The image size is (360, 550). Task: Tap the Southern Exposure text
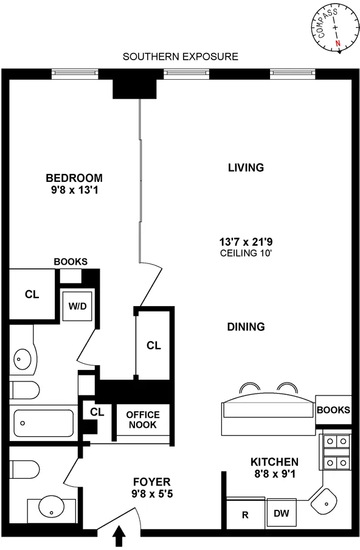click(x=180, y=57)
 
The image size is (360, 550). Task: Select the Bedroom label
click(x=74, y=178)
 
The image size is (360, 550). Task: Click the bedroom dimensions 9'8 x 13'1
click(x=74, y=190)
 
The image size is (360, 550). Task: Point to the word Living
click(x=246, y=167)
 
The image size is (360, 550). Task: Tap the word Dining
click(x=246, y=327)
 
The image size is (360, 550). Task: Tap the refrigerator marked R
click(x=245, y=515)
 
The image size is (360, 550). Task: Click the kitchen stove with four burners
click(x=336, y=451)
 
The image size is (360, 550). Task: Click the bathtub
click(x=43, y=420)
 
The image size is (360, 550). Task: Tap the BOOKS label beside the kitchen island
click(x=333, y=410)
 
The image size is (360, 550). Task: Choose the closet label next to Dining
click(x=153, y=346)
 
